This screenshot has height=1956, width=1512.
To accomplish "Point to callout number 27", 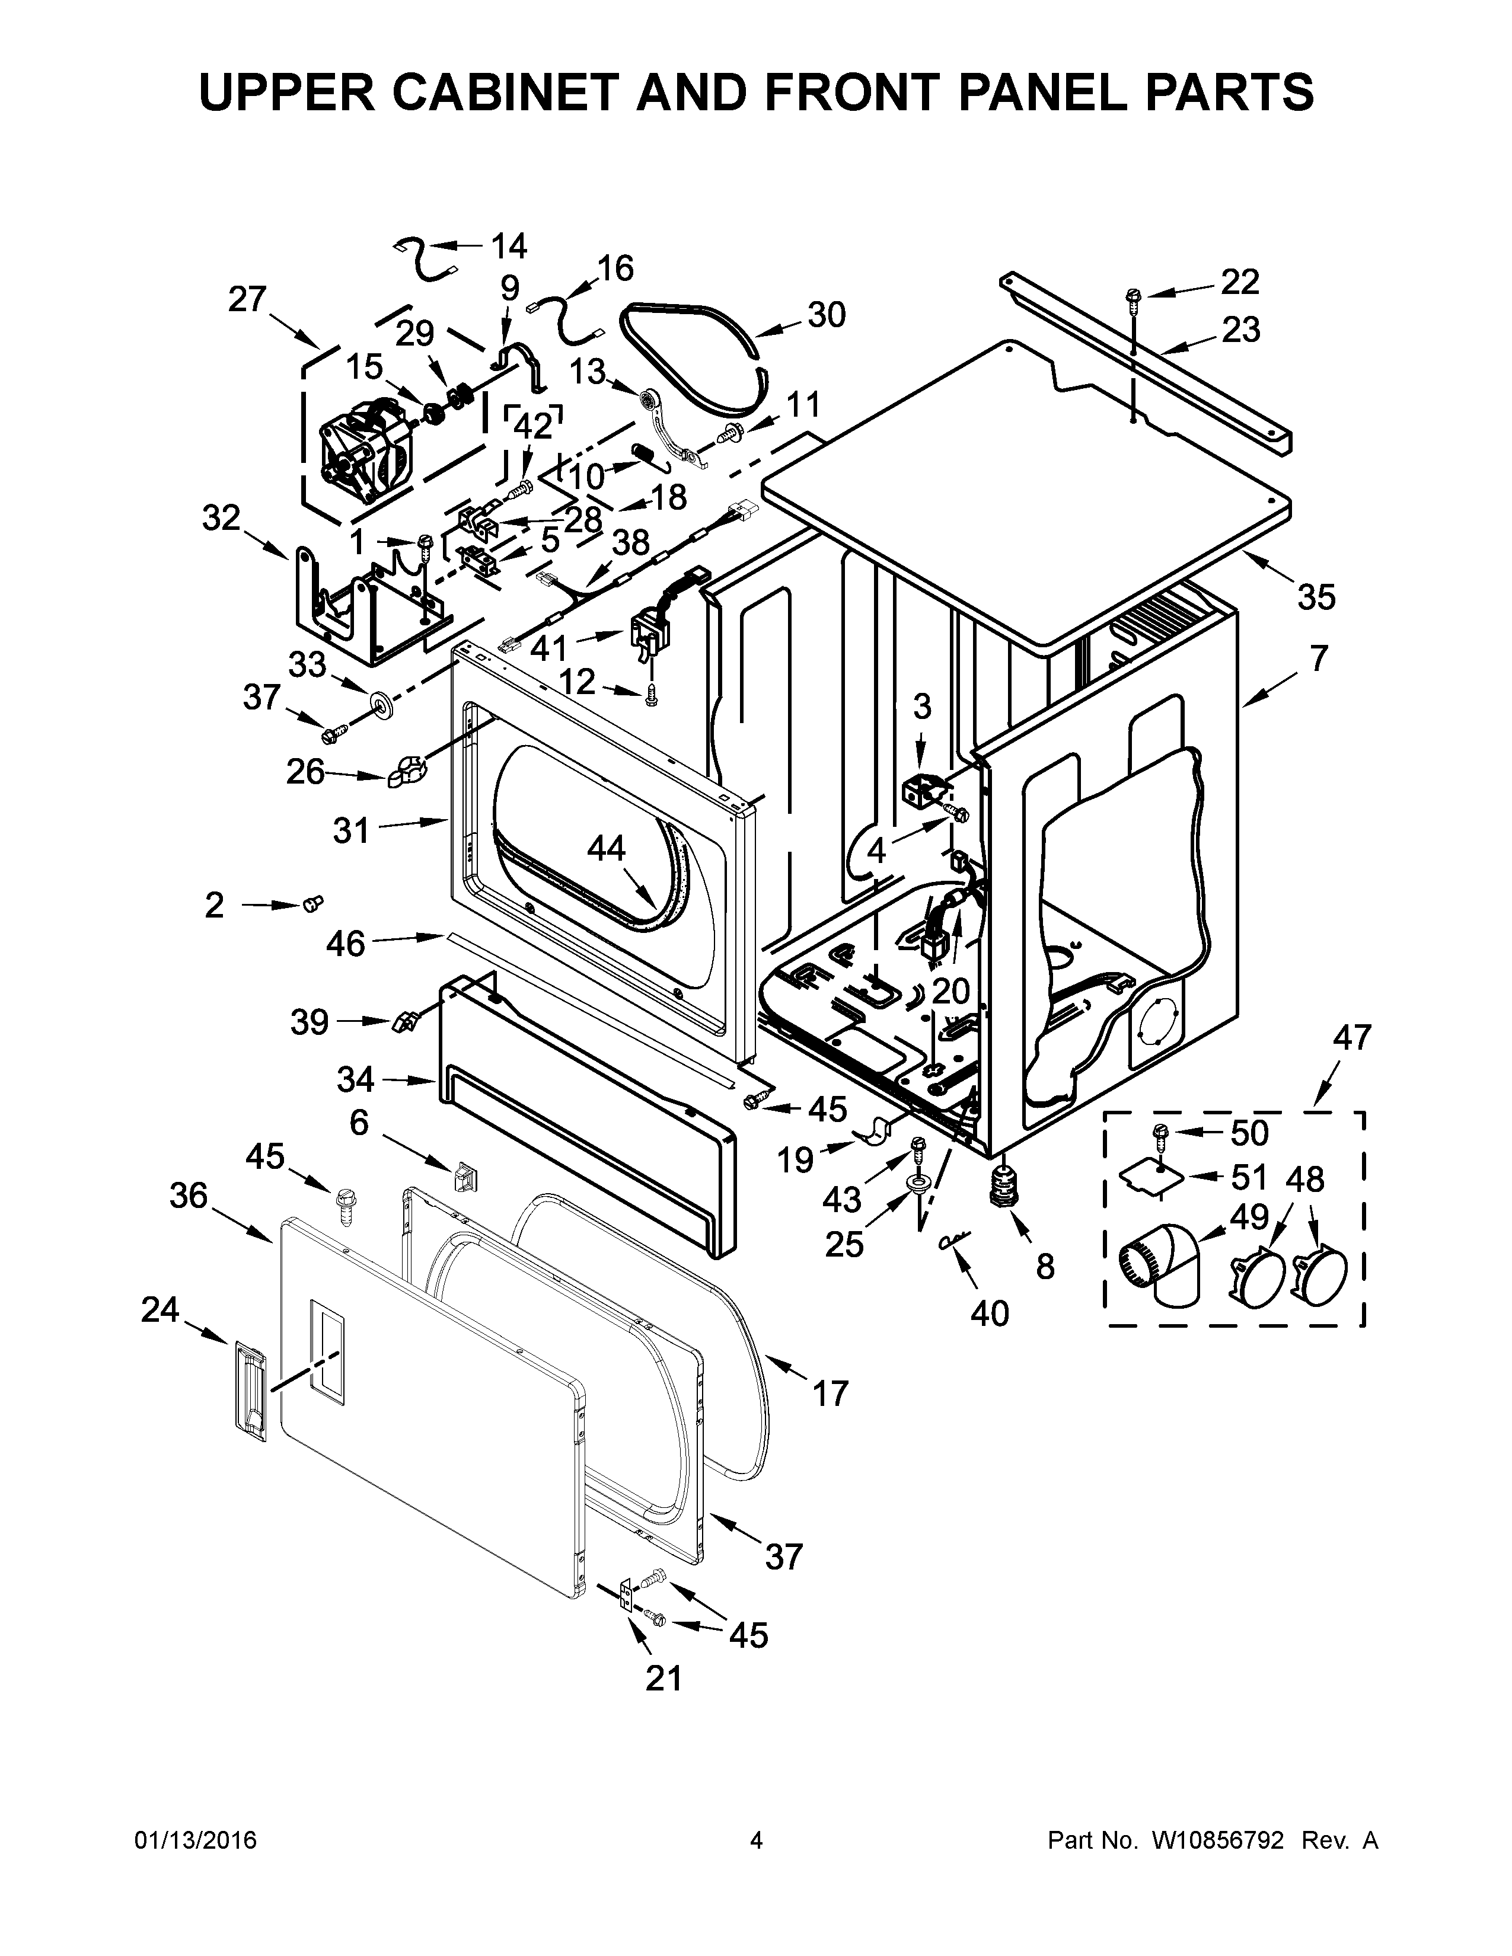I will (x=247, y=299).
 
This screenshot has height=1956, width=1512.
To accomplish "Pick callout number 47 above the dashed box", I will (x=1352, y=1037).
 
